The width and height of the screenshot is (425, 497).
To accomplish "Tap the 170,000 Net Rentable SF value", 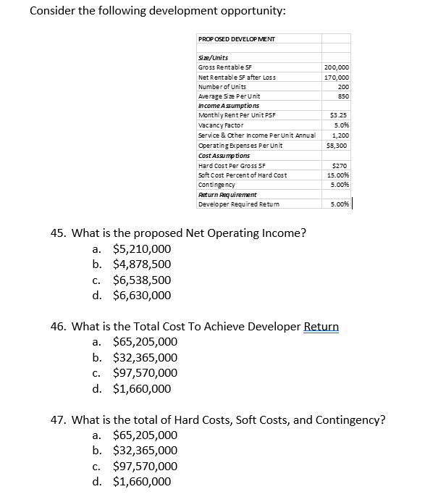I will (x=337, y=76).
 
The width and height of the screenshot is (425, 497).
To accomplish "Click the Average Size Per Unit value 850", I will (x=342, y=96).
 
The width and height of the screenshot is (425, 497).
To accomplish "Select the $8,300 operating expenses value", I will (x=339, y=145).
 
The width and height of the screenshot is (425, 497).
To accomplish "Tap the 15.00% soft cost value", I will (x=338, y=175).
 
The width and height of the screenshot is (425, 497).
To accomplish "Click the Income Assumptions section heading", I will (x=224, y=105).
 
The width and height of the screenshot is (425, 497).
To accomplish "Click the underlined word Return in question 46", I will (x=321, y=326).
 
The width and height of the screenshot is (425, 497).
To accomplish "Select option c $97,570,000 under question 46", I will (x=146, y=372).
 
